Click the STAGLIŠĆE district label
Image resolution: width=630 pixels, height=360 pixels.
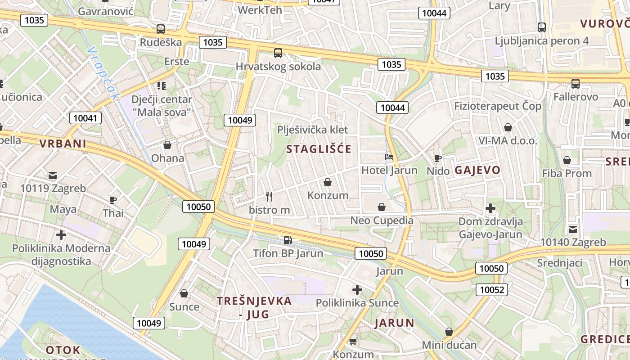319,149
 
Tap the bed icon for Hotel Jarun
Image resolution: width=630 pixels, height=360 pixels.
389,157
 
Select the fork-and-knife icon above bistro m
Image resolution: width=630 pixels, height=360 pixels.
269,196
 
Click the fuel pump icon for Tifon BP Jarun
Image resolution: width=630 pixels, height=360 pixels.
288,239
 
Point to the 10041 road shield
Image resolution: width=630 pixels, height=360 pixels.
85,118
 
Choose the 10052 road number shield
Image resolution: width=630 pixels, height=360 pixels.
492,289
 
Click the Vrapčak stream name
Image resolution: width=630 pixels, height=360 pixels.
104,73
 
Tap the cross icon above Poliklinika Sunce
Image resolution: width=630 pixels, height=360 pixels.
357,289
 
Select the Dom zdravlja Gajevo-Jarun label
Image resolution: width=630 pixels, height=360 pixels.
490,228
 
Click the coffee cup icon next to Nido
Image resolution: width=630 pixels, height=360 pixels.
437,157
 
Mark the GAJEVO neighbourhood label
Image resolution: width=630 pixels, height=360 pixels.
477,170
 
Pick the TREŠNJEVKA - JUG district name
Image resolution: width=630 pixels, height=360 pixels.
254,307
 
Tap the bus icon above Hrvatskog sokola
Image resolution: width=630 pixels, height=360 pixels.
278,53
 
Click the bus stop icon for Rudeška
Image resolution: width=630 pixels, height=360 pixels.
161,29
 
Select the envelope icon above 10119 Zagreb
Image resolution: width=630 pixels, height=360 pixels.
53,175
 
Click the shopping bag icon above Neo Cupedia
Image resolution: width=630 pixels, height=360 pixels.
382,207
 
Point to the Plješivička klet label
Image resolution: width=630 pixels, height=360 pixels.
312,130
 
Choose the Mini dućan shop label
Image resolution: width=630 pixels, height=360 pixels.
449,345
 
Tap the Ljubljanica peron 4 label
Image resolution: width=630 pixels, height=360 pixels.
541,41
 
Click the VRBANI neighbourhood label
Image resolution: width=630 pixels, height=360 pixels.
62,144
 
